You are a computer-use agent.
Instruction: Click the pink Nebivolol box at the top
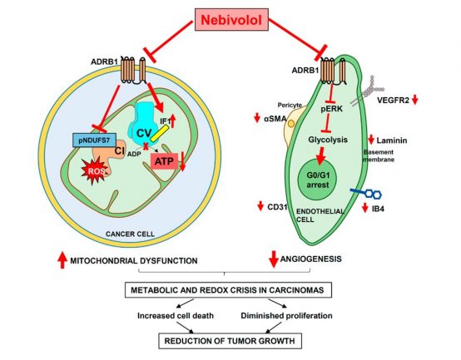tap(231, 20)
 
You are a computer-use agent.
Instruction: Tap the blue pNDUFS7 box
tap(94, 140)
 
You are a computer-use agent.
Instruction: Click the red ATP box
tap(164, 161)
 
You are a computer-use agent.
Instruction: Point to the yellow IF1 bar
tap(159, 133)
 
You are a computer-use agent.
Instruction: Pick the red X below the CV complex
tap(146, 145)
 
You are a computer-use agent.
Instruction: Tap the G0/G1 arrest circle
tap(318, 180)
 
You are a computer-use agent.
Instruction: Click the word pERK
tap(332, 109)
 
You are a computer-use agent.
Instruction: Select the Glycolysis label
tap(328, 140)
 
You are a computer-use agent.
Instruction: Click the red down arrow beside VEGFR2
tap(415, 100)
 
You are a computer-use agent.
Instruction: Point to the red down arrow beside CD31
tap(260, 206)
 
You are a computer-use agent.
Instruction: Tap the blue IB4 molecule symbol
tap(366, 193)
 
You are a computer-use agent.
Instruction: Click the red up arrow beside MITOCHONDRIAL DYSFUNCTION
tap(62, 260)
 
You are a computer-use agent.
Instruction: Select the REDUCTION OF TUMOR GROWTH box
tap(230, 341)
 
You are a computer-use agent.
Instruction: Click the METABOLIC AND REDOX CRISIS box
tap(229, 290)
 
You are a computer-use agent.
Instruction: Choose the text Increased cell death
tap(176, 316)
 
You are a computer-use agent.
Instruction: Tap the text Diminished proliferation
tap(286, 316)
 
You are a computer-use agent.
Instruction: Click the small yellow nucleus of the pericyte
tap(291, 124)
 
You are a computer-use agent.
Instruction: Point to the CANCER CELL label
tap(130, 234)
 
